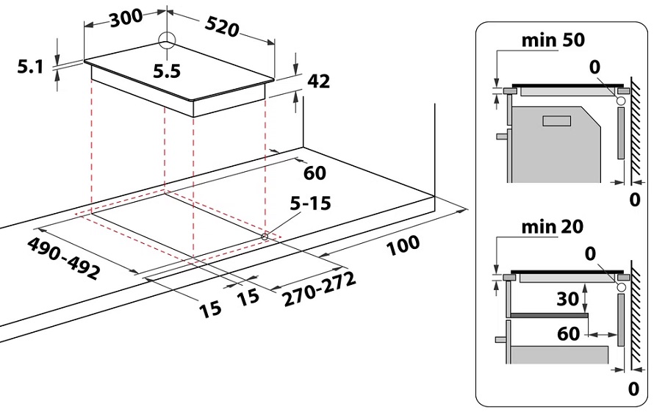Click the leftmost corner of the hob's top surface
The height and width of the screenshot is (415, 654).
(85, 61)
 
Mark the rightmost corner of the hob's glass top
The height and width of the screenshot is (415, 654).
(274, 78)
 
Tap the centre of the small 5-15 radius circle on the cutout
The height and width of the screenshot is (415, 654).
(265, 236)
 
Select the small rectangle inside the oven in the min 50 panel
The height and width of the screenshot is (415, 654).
(556, 121)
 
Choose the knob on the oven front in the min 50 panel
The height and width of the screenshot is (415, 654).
(501, 136)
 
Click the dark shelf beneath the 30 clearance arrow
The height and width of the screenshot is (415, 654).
(549, 315)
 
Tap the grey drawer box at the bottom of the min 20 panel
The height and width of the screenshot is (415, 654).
(559, 354)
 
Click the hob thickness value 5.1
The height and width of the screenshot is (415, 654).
(30, 66)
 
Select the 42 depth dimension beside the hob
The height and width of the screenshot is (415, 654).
(319, 81)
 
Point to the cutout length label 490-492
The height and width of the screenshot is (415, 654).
(63, 258)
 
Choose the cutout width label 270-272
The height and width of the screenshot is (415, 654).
(320, 289)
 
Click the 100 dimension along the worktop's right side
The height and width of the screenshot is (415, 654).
(403, 245)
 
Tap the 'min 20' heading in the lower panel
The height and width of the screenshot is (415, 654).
(553, 227)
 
